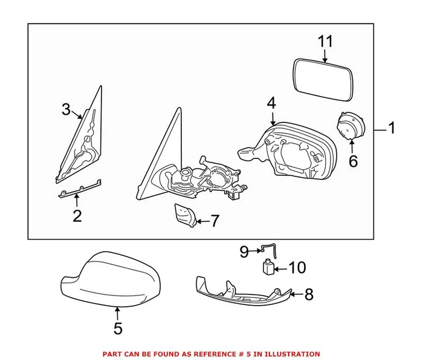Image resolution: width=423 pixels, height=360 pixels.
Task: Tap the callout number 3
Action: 66,109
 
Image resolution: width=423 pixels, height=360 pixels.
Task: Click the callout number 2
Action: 77,216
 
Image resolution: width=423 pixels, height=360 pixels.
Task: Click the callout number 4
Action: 271,103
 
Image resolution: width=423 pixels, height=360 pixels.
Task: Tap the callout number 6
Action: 354,161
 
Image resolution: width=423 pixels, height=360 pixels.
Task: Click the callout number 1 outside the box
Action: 391,128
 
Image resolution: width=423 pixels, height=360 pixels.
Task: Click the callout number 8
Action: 309,295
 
